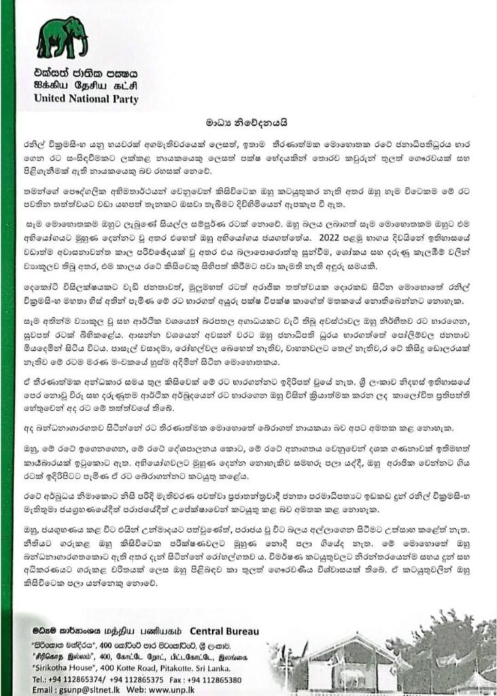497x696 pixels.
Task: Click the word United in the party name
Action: [x=52, y=99]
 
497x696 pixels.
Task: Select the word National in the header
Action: [x=91, y=99]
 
